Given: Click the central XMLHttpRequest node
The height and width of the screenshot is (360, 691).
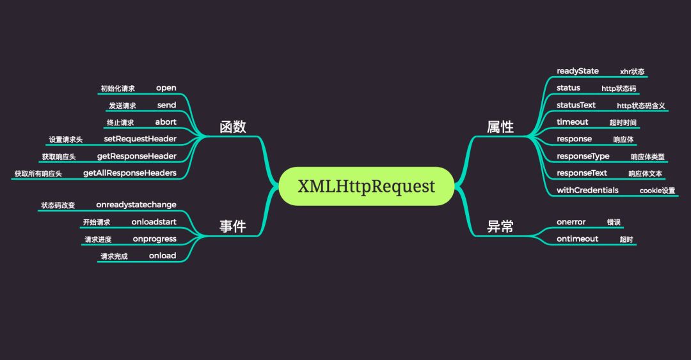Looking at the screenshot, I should click(x=366, y=186).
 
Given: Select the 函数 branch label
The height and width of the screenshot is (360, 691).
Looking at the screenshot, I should click(x=233, y=127).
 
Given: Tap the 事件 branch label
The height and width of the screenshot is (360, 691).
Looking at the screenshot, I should click(x=233, y=226).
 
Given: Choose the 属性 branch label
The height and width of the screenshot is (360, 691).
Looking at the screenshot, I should click(x=500, y=127).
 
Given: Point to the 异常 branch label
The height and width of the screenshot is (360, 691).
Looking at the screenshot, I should click(x=500, y=226).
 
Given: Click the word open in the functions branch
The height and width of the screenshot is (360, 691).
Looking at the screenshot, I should click(x=166, y=88).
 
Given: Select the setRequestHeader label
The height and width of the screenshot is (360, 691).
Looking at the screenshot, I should click(x=140, y=139).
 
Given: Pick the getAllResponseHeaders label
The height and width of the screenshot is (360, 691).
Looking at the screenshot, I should click(x=130, y=173).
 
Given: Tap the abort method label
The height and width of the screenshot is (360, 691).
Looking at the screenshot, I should click(x=166, y=122).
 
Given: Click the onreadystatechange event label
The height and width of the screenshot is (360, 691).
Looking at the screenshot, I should click(x=136, y=205).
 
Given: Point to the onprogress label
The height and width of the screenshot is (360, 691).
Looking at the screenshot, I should click(x=154, y=239).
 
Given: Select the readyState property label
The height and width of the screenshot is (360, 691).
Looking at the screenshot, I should click(x=578, y=71).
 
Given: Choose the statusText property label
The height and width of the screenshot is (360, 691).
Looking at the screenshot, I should click(x=576, y=105).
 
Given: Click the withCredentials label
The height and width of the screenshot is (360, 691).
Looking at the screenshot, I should click(x=587, y=190).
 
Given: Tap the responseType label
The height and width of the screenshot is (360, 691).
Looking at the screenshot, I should click(x=583, y=156).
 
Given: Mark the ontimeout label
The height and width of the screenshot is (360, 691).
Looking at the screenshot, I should click(x=577, y=239).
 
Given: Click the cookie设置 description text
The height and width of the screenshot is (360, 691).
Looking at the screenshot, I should click(x=657, y=191).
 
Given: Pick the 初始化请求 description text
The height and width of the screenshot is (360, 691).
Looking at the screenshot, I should click(x=118, y=89).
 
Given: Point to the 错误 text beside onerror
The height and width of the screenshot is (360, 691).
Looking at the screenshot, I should click(x=614, y=223).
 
